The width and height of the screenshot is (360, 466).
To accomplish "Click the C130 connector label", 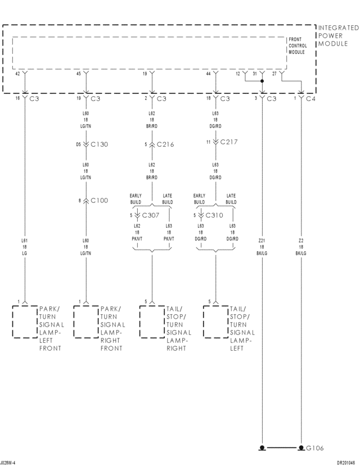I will (x=98, y=144).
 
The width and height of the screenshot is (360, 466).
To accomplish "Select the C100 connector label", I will (x=98, y=200).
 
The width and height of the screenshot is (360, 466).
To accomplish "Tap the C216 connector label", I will (x=165, y=144).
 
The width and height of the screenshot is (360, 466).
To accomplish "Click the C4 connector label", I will (x=310, y=98).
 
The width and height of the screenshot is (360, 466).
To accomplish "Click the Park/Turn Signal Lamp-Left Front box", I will (x=25, y=322).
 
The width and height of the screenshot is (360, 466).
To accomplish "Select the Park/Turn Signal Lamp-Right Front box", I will (x=86, y=322).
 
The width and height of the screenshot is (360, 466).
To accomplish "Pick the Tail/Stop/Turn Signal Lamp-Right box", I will (x=152, y=322).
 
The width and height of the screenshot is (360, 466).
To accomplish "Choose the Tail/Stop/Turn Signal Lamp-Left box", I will (x=215, y=322).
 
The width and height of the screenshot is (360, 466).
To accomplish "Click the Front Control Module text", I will (x=296, y=46).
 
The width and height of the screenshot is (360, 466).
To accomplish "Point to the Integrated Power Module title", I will (x=337, y=35).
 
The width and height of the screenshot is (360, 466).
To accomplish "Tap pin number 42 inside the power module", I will (x=17, y=74).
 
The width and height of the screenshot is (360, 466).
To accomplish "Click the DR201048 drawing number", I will (x=346, y=463).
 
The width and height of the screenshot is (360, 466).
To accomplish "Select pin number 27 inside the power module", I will (x=274, y=74).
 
